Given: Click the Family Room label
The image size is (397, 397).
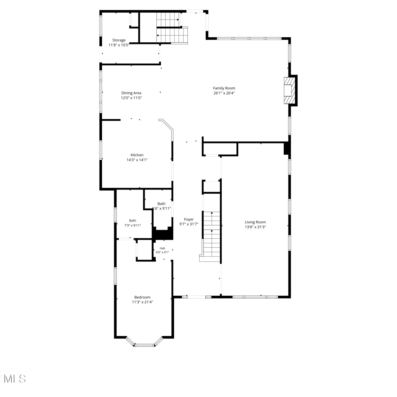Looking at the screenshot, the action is click(x=224, y=88).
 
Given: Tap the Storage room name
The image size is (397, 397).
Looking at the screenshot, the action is click(x=119, y=40).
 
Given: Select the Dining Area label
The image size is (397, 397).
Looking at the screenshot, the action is click(x=131, y=93).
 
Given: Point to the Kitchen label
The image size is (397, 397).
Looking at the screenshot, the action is click(x=137, y=155).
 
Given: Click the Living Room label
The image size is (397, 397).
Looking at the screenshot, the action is click(x=255, y=222).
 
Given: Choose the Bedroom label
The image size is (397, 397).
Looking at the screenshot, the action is click(x=142, y=297).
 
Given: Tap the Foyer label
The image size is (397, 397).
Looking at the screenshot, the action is click(x=189, y=219).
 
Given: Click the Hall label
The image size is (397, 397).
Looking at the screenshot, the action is click(x=162, y=248).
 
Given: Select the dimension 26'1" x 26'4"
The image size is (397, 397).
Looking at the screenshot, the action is click(x=224, y=93).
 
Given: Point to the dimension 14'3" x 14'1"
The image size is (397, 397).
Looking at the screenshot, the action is click(x=137, y=160).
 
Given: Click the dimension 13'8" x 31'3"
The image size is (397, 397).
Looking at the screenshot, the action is click(x=255, y=227).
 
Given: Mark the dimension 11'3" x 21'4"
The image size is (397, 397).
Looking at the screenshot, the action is click(x=142, y=302).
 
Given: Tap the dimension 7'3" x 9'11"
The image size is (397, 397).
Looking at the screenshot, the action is click(x=133, y=225).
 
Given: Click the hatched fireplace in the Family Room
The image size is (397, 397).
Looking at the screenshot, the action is click(x=289, y=91).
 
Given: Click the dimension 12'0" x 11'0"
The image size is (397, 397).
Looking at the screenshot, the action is click(x=131, y=98).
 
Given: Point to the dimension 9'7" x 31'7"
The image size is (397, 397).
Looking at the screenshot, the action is click(x=189, y=224).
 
